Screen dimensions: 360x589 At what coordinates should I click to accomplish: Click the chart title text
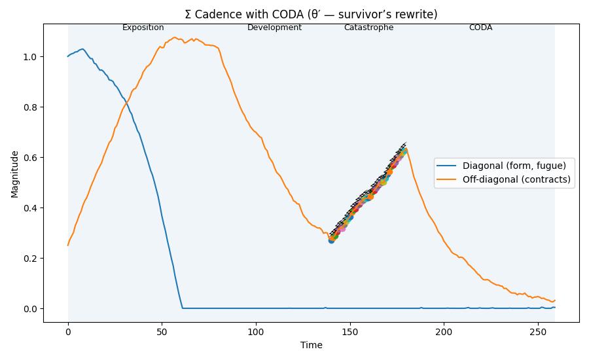click(311, 14)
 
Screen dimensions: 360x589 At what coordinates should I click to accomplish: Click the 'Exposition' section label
click(143, 27)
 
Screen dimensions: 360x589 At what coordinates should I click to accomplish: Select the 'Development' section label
click(274, 27)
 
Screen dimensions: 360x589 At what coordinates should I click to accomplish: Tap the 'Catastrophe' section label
click(368, 27)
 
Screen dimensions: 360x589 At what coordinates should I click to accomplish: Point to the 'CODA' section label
click(480, 27)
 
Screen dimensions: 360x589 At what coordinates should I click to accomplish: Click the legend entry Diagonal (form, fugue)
click(514, 166)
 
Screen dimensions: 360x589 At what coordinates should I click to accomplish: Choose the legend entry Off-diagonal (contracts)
click(516, 179)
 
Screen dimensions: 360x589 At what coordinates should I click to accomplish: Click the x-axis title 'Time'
click(311, 345)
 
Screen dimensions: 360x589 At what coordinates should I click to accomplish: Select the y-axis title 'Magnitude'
click(14, 173)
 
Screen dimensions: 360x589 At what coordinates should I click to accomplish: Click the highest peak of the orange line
click(175, 37)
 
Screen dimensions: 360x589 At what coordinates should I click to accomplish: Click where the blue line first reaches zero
click(183, 308)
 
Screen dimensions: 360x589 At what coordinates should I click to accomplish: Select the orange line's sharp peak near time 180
click(406, 149)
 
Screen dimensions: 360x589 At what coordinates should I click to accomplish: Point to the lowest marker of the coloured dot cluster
click(331, 241)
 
